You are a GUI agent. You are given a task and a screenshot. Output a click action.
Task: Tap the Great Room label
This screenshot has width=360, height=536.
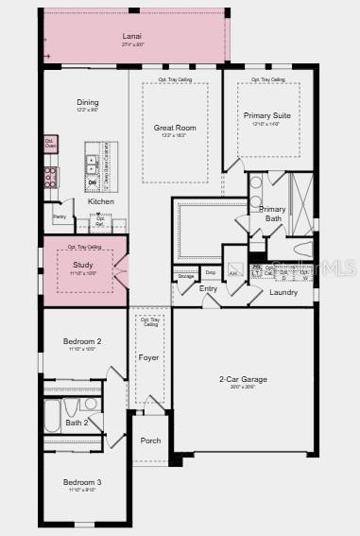coord(175,127)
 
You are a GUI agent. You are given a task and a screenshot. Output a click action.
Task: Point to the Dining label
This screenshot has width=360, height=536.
coord(87,102)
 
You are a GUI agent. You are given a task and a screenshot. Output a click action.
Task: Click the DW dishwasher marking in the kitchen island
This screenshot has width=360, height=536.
coord(92,182)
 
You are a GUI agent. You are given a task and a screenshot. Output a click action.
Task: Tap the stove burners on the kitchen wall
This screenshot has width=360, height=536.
coord(50,177)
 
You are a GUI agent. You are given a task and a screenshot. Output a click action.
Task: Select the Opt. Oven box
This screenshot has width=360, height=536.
coord(50,144)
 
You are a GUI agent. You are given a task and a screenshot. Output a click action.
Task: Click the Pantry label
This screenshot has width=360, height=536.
coord(60,217)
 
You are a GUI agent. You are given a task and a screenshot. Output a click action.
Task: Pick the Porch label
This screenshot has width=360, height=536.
coord(150,441)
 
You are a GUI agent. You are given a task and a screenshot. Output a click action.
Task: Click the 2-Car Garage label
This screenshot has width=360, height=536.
coord(243,379)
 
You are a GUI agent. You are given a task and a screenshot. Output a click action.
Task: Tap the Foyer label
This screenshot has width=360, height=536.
coord(149,358)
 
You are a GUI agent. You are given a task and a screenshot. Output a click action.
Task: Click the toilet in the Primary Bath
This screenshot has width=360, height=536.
coord(302,250)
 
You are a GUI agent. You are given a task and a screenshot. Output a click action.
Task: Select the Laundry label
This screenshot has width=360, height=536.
coord(283,292)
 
